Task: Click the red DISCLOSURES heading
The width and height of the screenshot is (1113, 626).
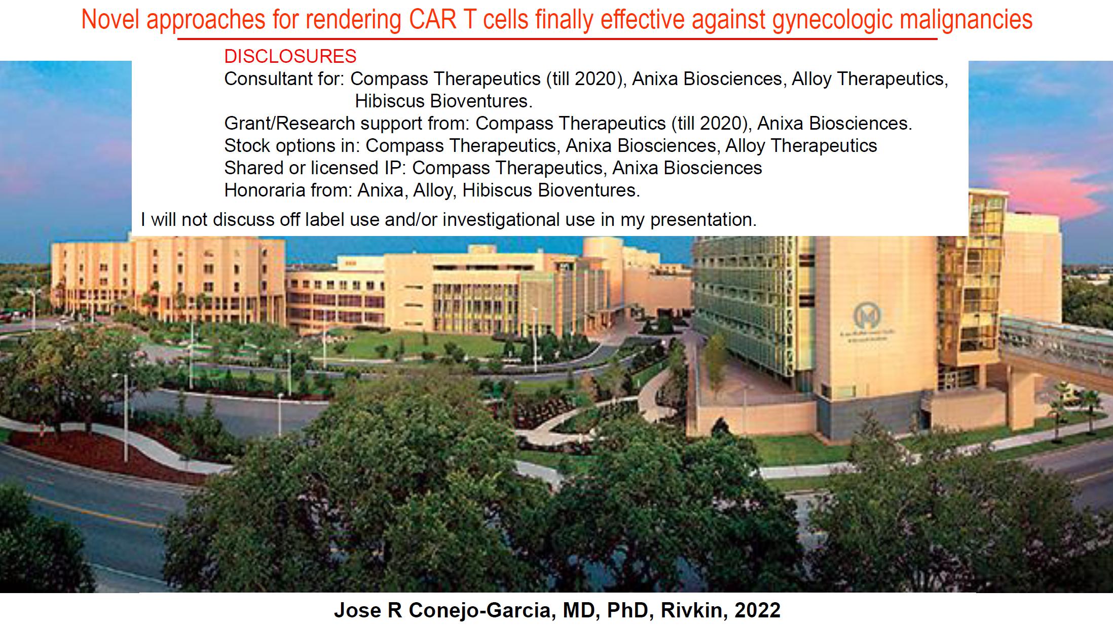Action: click(290, 56)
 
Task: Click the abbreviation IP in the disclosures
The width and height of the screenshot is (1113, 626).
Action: click(391, 168)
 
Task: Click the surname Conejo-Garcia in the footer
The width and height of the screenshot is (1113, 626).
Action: click(477, 610)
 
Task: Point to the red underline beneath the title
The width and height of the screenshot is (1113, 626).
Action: click(557, 38)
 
